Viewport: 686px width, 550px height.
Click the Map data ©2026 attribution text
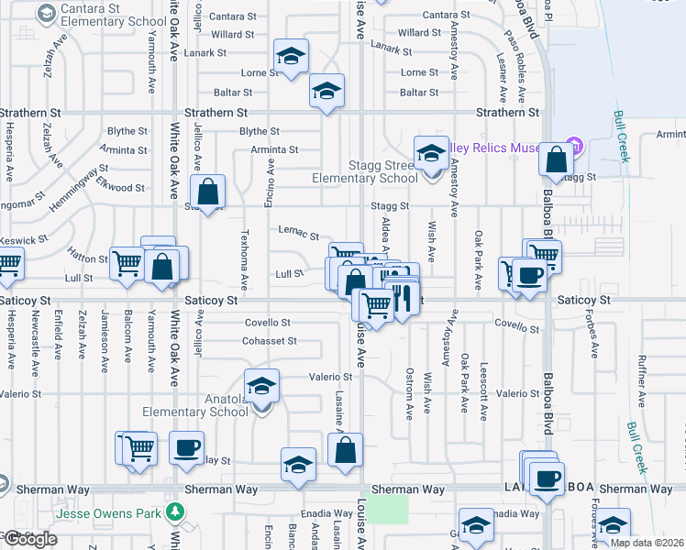pyautogui.click(x=647, y=543)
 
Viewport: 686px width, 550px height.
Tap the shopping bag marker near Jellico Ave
pyautogui.click(x=208, y=192)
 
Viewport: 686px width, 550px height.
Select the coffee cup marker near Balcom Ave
pyautogui.click(x=186, y=448)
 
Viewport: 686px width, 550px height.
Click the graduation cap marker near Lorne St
pyautogui.click(x=291, y=58)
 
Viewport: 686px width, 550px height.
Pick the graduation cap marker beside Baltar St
pyautogui.click(x=326, y=91)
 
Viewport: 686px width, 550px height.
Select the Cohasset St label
pyautogui.click(x=269, y=341)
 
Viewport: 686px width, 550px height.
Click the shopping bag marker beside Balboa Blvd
pyautogui.click(x=556, y=159)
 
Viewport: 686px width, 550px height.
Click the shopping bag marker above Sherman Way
pyautogui.click(x=345, y=450)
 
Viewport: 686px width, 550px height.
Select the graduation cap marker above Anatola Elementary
pyautogui.click(x=261, y=386)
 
